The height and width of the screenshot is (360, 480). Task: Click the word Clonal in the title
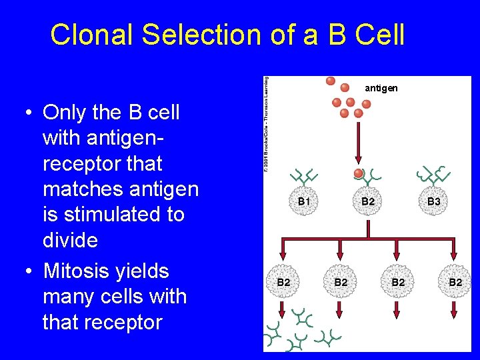coord(91,35)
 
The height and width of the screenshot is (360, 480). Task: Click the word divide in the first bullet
coord(69,241)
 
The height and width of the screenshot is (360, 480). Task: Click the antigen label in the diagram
coord(381,87)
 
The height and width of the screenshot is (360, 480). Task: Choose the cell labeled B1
coord(304,201)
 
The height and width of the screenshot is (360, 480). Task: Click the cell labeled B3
coord(434,201)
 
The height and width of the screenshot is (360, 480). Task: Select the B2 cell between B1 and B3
coord(368,201)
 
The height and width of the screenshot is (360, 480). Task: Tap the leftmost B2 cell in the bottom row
coord(283,283)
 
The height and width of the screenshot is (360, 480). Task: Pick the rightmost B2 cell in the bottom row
coord(455,283)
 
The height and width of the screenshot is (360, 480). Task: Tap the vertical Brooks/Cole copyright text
coord(266,123)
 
